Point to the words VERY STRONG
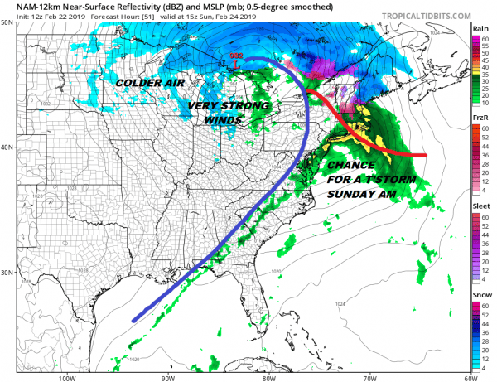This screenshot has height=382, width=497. click(x=229, y=106)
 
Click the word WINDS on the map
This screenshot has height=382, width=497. click(x=224, y=120)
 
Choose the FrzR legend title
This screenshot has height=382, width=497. click(x=480, y=119)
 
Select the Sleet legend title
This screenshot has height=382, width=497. click(x=480, y=207)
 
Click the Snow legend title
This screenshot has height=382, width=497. click(x=480, y=295)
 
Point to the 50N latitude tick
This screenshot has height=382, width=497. click(x=8, y=23)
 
